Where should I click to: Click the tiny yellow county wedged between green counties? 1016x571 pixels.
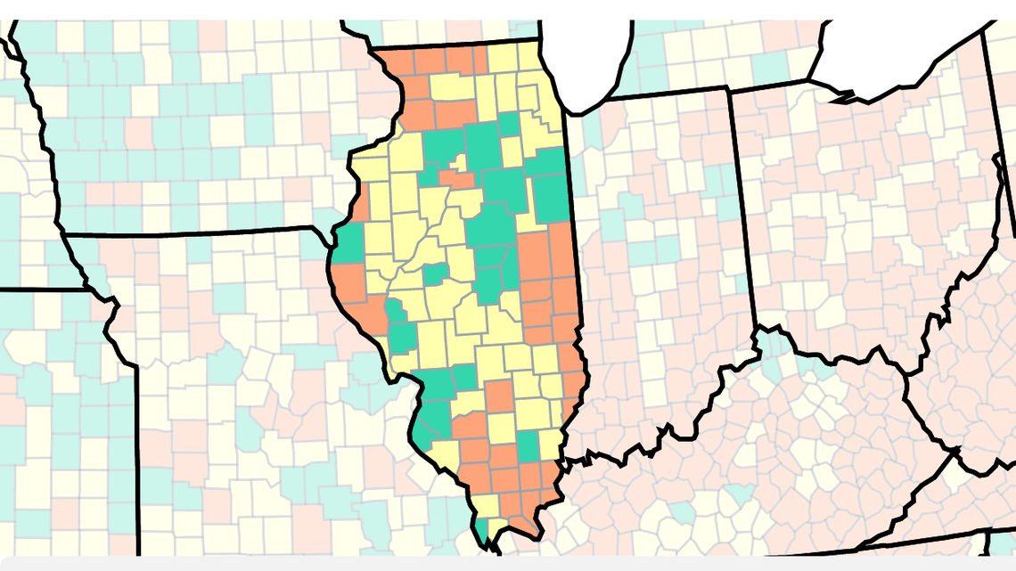tap(460, 163)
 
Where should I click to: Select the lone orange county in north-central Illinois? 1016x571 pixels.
tap(457, 179)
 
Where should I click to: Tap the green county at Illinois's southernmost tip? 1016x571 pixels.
tap(482, 532)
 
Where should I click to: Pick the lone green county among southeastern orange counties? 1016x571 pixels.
tap(528, 446)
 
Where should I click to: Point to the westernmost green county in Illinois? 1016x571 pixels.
tap(349, 243)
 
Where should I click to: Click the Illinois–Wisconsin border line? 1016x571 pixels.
tap(455, 44)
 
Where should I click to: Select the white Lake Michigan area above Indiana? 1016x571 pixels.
tap(588, 53)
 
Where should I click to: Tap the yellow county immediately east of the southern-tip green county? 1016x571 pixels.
tap(499, 526)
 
